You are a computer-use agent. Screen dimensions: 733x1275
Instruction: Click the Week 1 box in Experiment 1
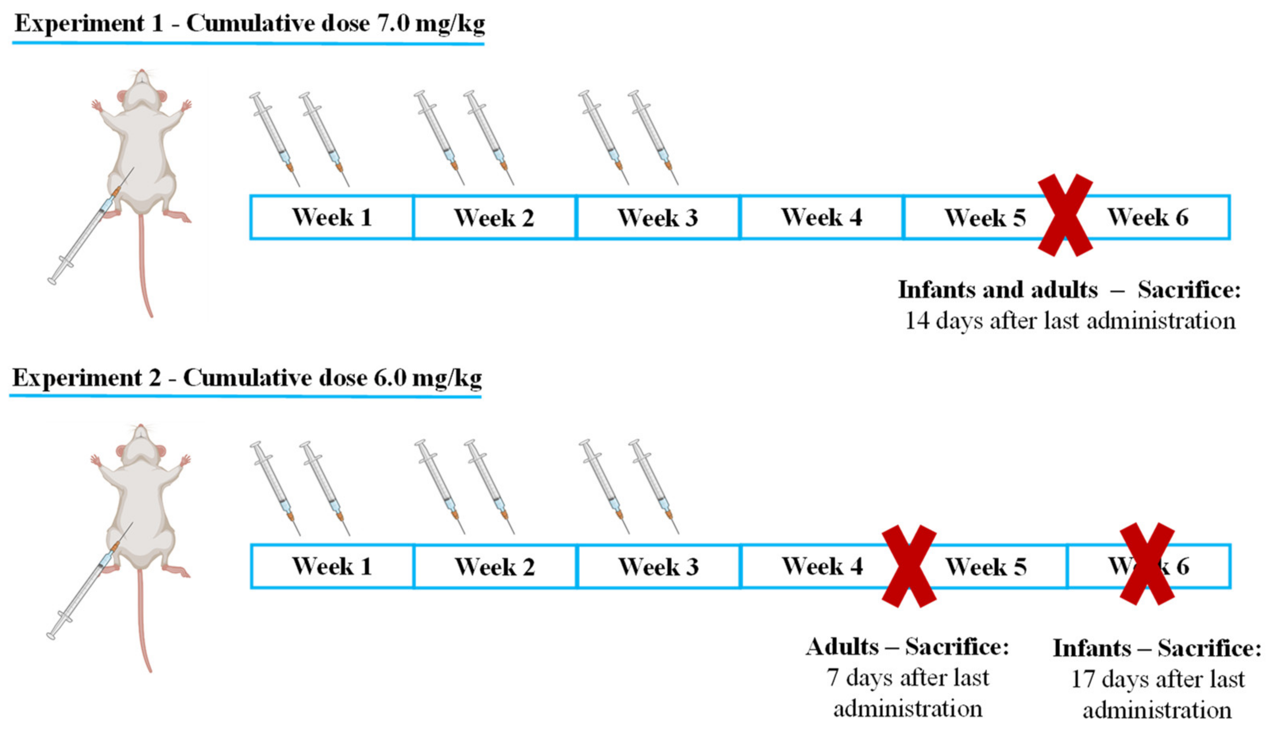tap(331, 217)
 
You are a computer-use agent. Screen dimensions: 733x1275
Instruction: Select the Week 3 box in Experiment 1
tap(657, 217)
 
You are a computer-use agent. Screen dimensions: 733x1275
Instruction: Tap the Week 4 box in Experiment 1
tap(821, 217)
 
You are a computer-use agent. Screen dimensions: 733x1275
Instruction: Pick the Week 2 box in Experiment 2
tap(495, 566)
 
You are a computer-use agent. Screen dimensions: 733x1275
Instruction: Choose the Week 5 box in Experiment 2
tap(986, 566)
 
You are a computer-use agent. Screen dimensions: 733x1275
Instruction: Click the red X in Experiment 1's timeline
tap(1065, 215)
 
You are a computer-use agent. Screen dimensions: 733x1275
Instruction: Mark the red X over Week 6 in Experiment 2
tap(1147, 564)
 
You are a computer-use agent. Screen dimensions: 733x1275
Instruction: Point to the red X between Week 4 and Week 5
tap(909, 566)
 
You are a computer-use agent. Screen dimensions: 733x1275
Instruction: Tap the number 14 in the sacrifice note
tap(917, 320)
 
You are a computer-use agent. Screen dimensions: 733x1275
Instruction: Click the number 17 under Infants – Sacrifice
tap(1082, 679)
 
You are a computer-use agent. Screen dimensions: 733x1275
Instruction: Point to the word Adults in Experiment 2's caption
tap(842, 647)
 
